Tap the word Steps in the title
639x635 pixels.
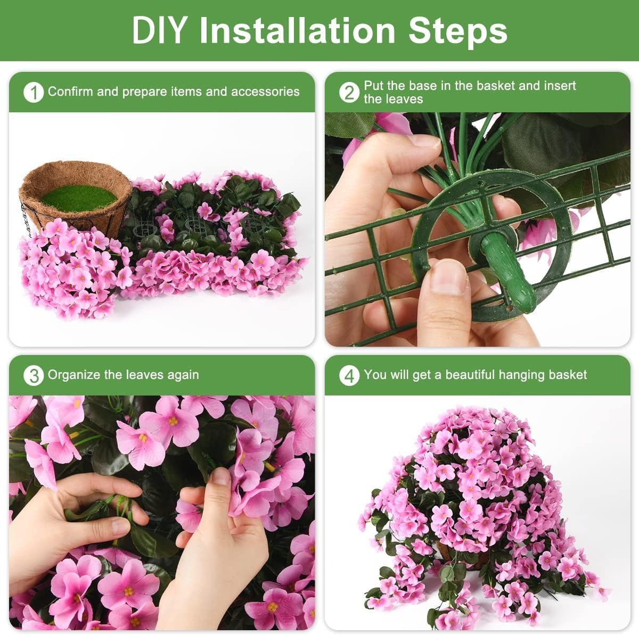pyautogui.click(x=457, y=31)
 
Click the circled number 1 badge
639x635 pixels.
pyautogui.click(x=34, y=93)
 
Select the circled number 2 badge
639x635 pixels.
pyautogui.click(x=349, y=93)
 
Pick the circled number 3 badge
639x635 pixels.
pyautogui.click(x=34, y=376)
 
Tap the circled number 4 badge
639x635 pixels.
pyautogui.click(x=349, y=376)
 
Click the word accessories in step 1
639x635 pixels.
pyautogui.click(x=265, y=92)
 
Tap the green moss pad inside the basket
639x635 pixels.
pyautogui.click(x=78, y=199)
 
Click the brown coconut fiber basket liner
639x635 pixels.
pyautogui.click(x=76, y=196)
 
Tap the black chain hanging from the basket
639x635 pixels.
pyautogui.click(x=27, y=219)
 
